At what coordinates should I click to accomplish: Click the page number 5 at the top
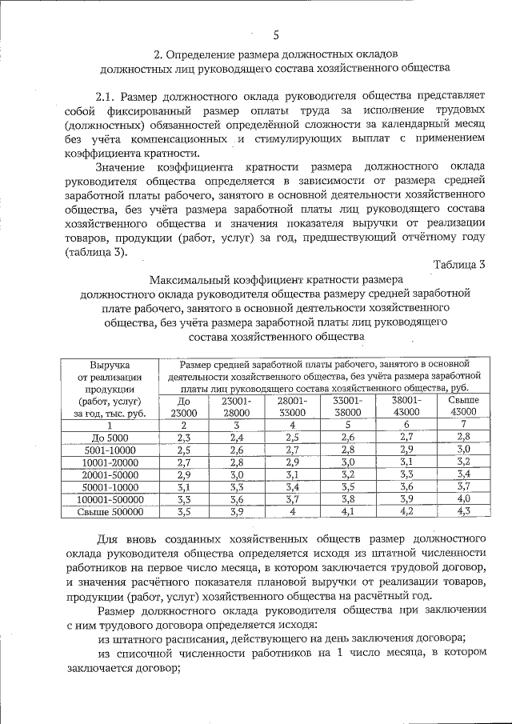click(276, 34)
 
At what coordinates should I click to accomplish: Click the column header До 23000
click(183, 406)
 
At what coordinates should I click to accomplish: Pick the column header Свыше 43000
click(462, 406)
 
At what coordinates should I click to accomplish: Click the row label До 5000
click(110, 437)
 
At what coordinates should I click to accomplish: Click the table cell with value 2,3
click(183, 437)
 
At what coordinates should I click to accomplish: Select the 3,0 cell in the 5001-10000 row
click(462, 450)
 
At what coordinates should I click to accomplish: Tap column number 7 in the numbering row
click(462, 425)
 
